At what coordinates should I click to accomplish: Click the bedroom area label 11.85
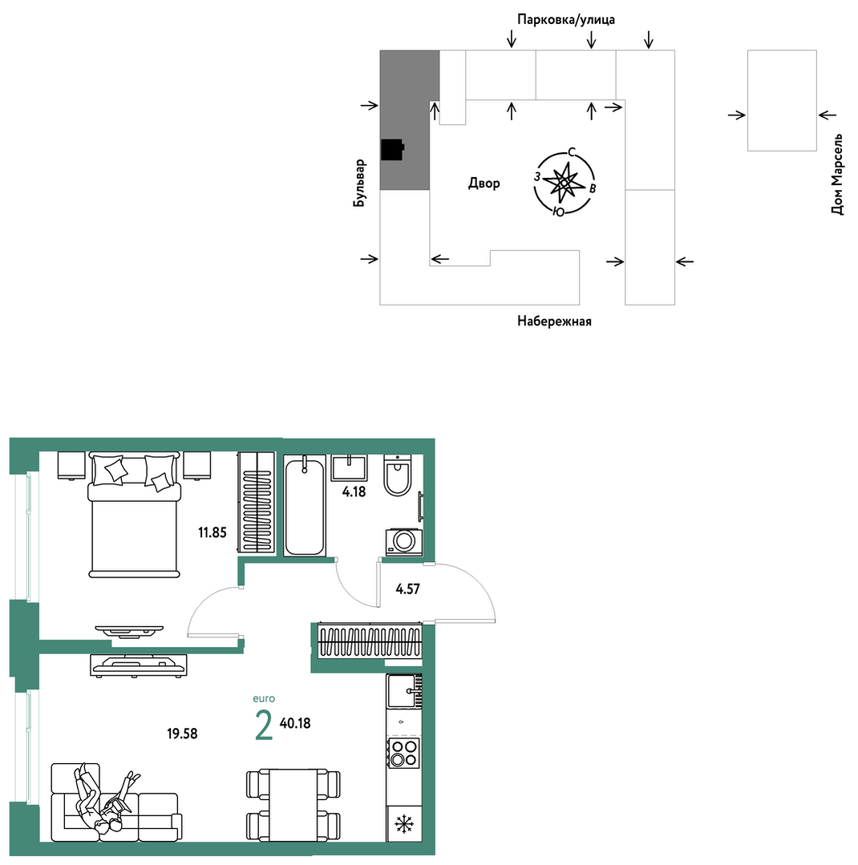212,532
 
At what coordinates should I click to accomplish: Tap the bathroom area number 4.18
354,491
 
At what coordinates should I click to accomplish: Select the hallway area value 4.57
408,589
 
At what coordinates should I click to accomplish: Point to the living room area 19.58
182,734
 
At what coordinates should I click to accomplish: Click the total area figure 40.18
295,723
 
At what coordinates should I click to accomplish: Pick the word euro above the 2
264,698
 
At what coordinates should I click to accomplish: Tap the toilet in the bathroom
397,475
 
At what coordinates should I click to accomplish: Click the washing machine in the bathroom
404,542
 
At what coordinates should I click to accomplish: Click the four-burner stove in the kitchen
403,753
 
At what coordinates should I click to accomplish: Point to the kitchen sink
404,691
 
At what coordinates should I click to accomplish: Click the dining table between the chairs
293,806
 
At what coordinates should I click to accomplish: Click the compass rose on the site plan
565,181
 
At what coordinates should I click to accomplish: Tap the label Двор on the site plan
484,183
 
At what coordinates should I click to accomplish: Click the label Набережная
554,321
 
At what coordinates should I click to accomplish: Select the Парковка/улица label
565,20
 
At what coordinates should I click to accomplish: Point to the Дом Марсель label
838,174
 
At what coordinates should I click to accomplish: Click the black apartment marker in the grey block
392,149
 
